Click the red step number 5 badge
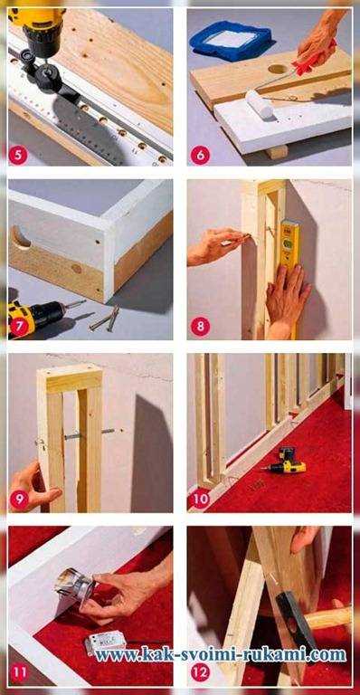click(18, 155)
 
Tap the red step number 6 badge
click(200, 155)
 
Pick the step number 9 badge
click(19, 500)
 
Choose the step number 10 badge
click(200, 500)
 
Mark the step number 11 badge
click(19, 672)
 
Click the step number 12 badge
click(200, 672)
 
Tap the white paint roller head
click(260, 103)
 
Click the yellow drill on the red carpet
click(287, 461)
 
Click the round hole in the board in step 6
click(278, 69)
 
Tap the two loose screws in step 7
click(105, 319)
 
